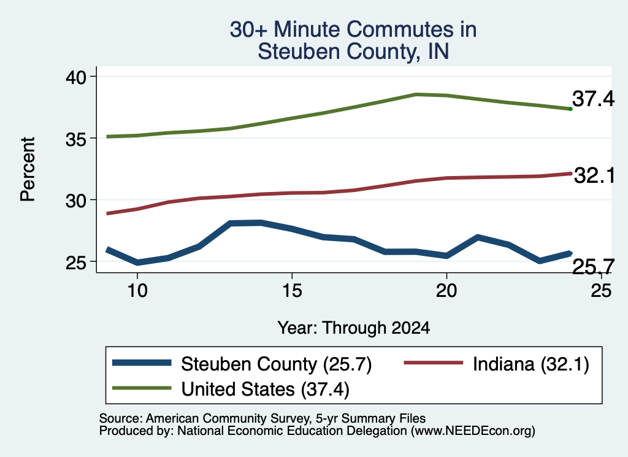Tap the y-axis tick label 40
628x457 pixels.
[x=76, y=77]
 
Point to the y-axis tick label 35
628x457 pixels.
[x=76, y=139]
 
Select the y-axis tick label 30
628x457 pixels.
[x=76, y=200]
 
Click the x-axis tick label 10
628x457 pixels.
[x=137, y=290]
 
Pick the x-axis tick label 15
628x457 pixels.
[x=292, y=290]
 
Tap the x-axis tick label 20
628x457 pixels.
[x=446, y=290]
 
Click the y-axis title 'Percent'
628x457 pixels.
[x=28, y=169]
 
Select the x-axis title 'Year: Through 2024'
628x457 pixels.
[x=354, y=328]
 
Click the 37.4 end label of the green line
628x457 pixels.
[x=593, y=99]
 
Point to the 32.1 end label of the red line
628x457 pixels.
[x=594, y=175]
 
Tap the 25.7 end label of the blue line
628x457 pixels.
[x=593, y=267]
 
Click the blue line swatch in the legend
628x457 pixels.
[x=142, y=363]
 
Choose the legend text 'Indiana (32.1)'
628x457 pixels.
[x=531, y=364]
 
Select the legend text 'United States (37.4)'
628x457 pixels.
[x=266, y=389]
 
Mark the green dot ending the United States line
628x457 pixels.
[x=570, y=109]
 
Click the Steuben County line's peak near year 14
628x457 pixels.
[x=261, y=223]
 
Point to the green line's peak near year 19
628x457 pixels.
[x=416, y=94]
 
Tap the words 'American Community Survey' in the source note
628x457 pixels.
[x=228, y=418]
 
